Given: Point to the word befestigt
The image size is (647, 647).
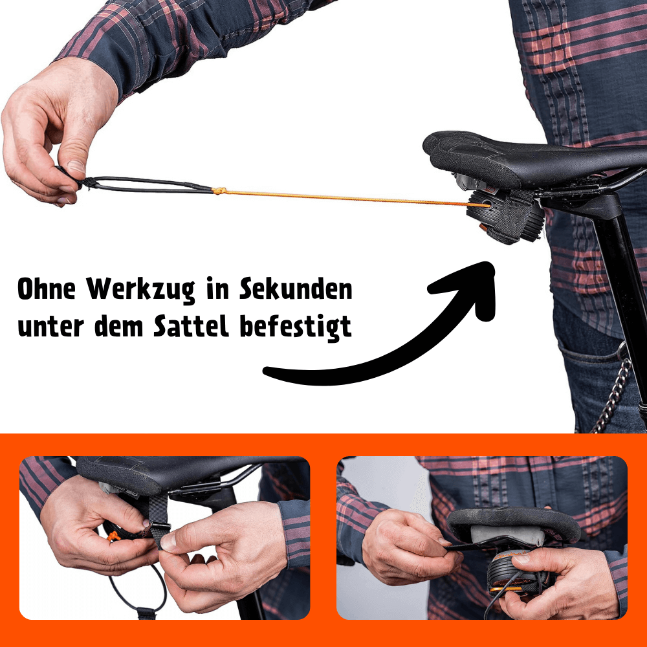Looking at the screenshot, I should [296, 327].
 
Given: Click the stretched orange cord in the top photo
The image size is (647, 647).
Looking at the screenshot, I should [343, 197].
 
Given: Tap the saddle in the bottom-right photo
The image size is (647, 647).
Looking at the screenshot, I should [518, 521].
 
